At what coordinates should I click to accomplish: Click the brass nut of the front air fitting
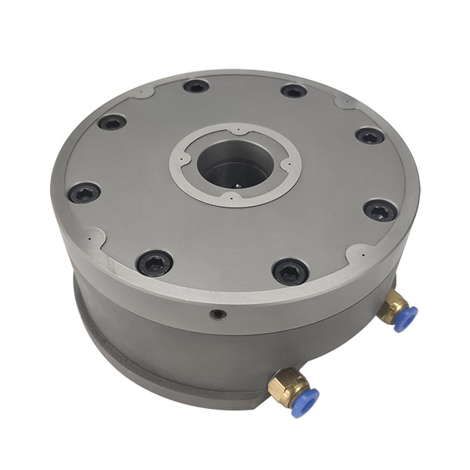281,386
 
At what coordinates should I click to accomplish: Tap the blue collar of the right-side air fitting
405,318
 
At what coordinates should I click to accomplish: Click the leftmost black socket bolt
83,192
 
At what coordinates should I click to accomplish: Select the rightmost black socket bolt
380,210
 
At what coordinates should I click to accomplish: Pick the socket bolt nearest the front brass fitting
290,271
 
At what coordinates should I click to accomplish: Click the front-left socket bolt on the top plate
154,262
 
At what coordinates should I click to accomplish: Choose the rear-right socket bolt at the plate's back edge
293,91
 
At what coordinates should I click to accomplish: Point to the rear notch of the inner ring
235,126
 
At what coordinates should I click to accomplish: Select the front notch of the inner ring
236,206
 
